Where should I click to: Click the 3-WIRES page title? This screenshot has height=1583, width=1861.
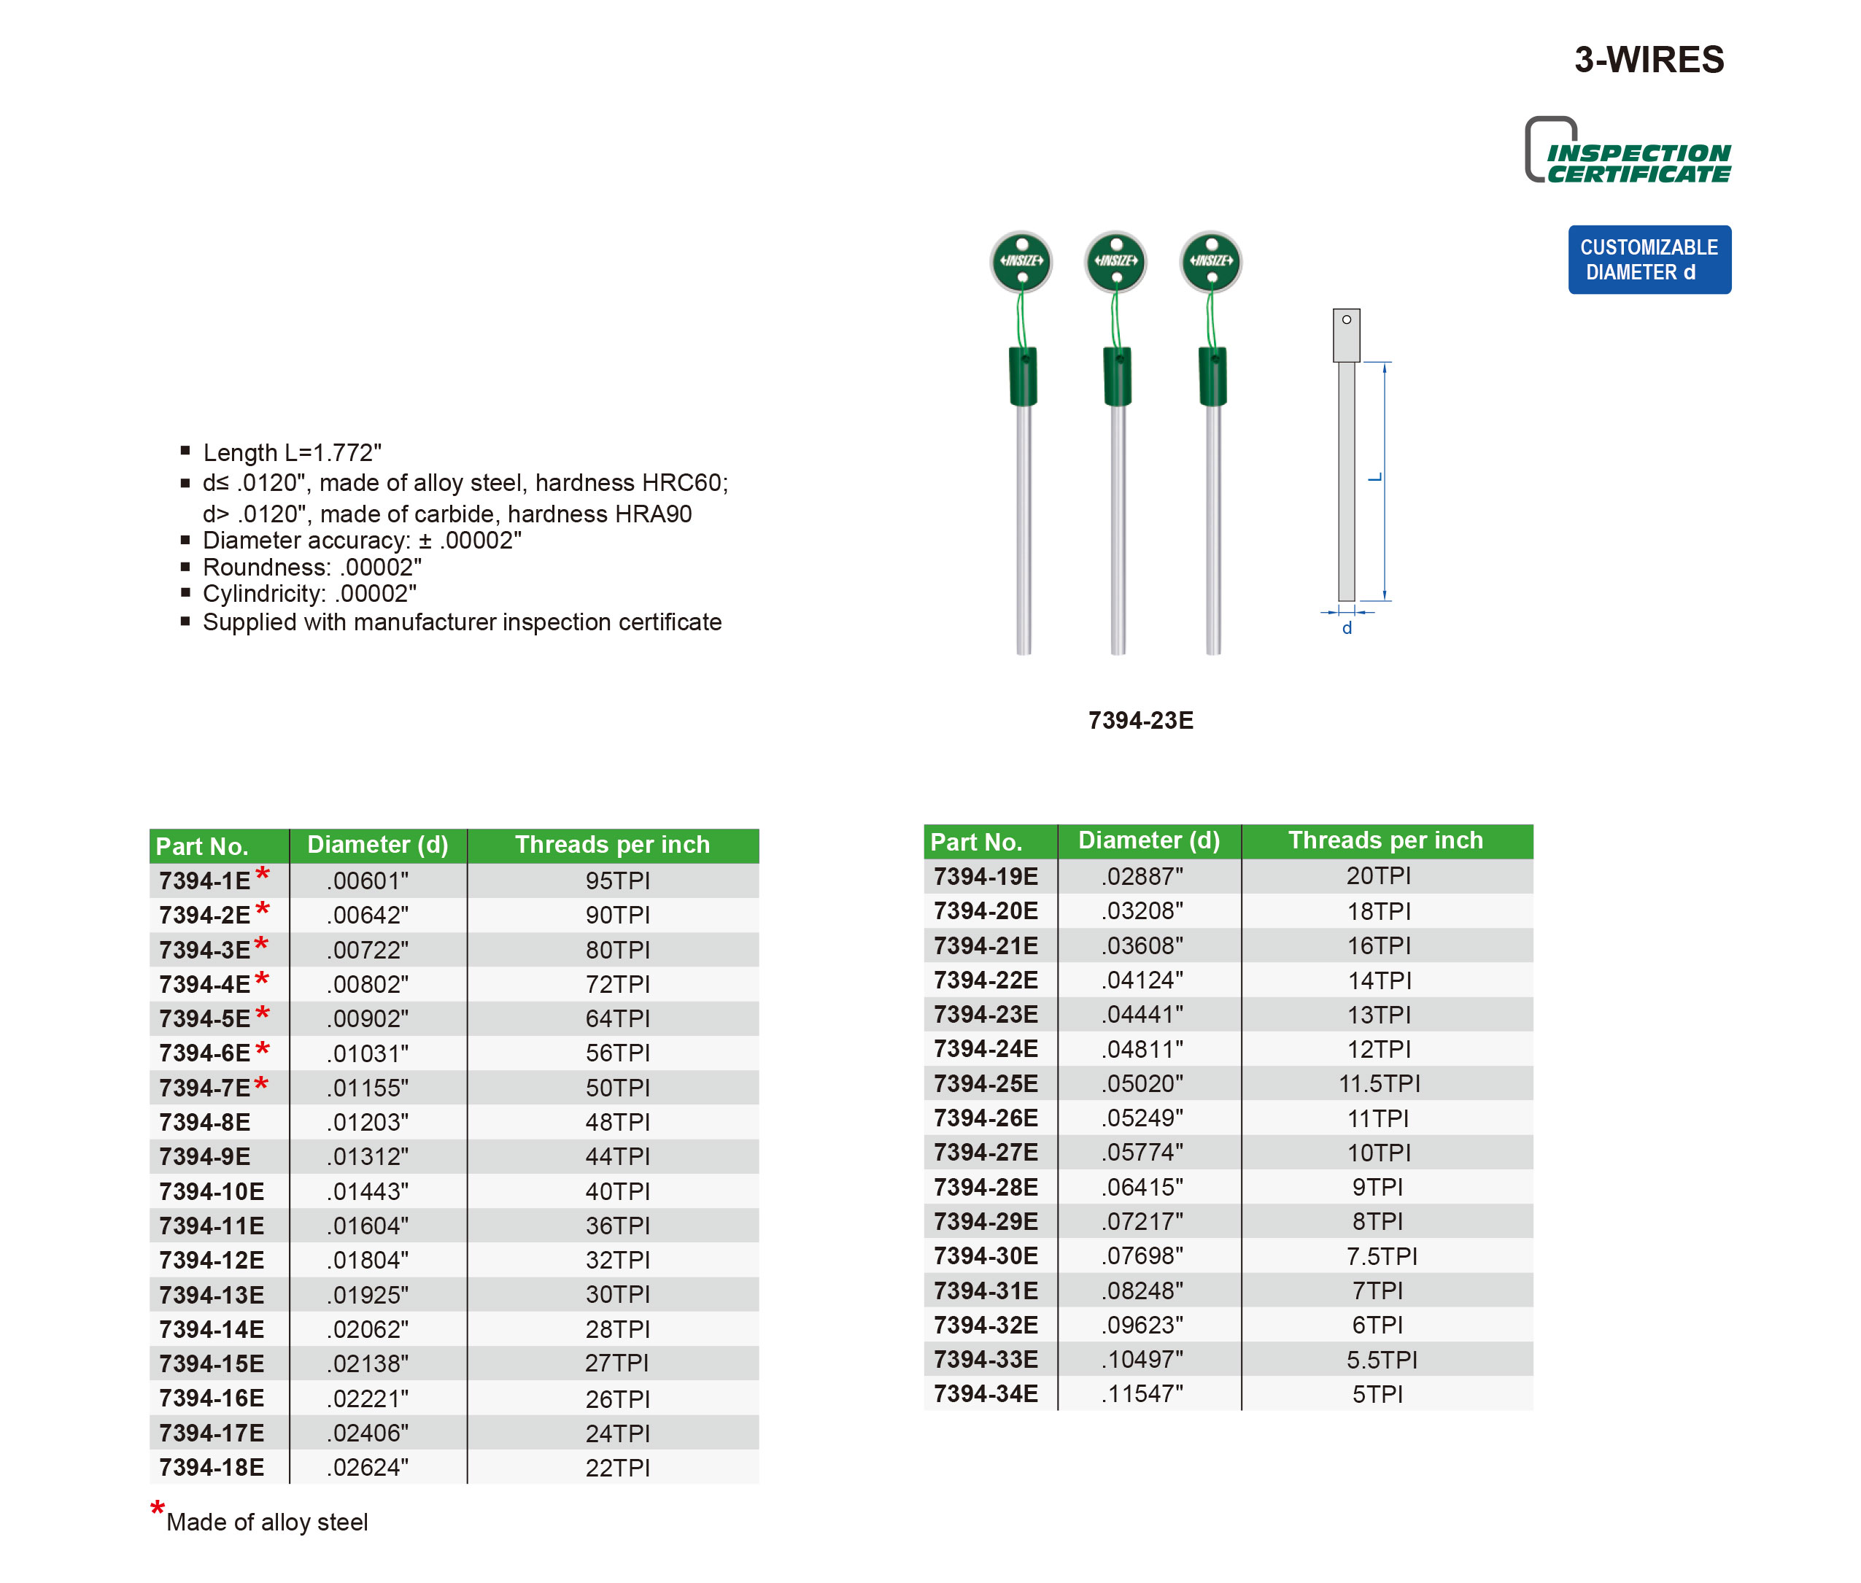pos(1648,60)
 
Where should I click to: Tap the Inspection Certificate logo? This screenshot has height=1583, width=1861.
pos(1628,152)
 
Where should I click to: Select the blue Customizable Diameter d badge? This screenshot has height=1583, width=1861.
pos(1648,260)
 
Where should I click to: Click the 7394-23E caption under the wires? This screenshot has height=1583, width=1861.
pos(1140,720)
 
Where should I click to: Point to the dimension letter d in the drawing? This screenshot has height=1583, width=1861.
pos(1346,628)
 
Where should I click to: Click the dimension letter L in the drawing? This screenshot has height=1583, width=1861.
pos(1374,479)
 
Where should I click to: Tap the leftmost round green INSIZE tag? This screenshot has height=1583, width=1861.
pos(1021,261)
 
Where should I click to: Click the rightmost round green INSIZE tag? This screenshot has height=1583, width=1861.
pos(1210,261)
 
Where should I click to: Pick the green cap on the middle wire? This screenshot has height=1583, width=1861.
pos(1116,377)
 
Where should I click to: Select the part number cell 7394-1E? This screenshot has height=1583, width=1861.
pos(204,880)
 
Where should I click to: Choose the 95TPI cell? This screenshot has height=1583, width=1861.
pos(617,880)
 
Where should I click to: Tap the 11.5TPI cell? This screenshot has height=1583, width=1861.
pos(1378,1083)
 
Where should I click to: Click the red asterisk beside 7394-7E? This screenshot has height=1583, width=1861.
pos(261,1084)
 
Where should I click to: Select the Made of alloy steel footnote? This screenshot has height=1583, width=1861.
pos(266,1522)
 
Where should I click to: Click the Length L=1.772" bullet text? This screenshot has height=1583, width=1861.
pos(292,452)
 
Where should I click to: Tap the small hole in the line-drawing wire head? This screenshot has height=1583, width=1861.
pos(1346,320)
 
